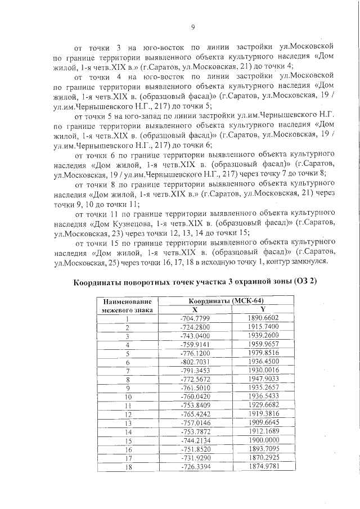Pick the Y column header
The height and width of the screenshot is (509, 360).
pyautogui.click(x=263, y=310)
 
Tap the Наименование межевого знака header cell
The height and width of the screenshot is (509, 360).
pyautogui.click(x=127, y=306)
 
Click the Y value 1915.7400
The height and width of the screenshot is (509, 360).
pyautogui.click(x=263, y=327)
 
